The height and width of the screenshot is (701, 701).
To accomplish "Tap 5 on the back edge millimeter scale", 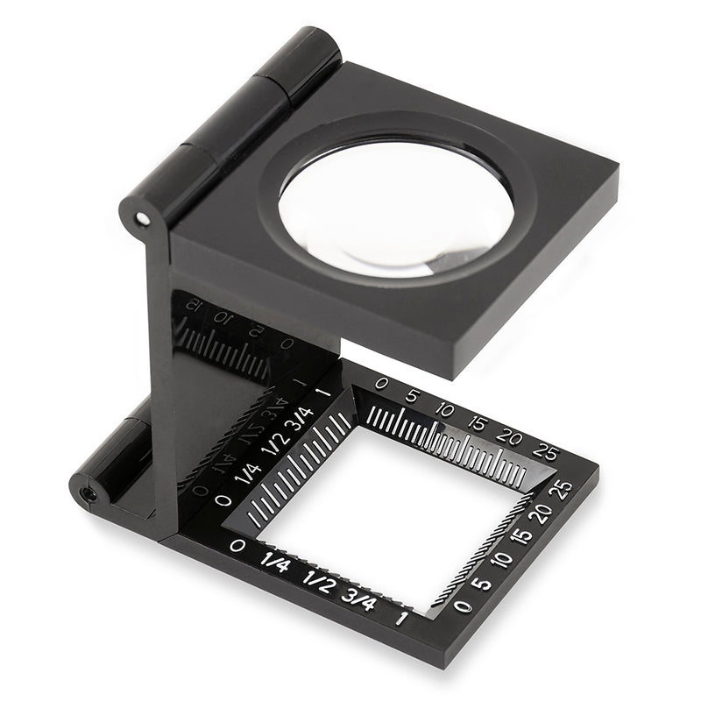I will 413,396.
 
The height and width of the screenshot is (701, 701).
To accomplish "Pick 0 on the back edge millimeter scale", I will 380,384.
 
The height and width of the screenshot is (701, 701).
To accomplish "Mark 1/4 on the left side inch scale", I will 249,472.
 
